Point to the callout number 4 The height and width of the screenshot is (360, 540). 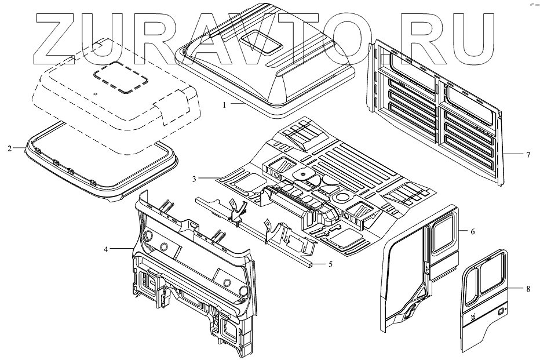[x=106, y=249]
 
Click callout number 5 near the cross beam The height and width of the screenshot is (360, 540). [x=330, y=264]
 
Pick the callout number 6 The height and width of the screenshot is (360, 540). [x=472, y=232]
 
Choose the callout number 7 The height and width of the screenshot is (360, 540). [x=528, y=155]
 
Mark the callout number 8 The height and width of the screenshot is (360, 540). [x=528, y=288]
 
